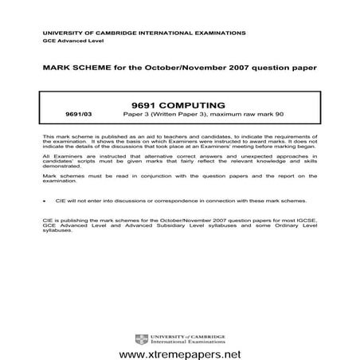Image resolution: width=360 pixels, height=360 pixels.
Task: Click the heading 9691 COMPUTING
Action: (179, 103)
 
